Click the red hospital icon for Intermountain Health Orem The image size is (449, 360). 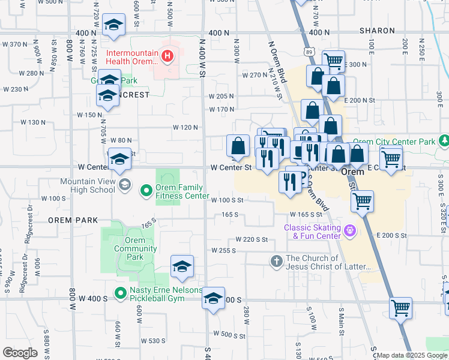167,57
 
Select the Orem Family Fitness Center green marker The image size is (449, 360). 145,191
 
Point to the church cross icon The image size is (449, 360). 276,261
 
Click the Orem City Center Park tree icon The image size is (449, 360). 444,140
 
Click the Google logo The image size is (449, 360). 20,353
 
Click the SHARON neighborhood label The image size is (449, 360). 377,31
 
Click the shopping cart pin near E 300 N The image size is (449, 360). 333,61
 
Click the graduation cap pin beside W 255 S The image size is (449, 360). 182,266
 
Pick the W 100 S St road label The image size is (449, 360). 227,200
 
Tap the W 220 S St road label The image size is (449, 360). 251,239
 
